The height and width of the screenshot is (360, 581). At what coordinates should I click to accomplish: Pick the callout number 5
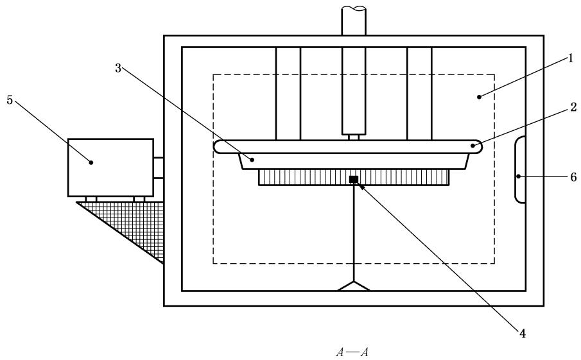coord(9,101)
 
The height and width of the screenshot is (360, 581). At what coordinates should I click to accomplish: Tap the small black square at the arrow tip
coord(353,179)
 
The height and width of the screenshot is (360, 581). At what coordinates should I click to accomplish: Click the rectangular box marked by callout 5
coord(110,167)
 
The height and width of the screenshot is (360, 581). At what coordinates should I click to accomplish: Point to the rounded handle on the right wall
coord(520,169)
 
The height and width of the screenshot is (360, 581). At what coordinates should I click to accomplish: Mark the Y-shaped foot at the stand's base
coord(354,286)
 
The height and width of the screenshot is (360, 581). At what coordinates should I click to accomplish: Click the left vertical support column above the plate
coord(288,93)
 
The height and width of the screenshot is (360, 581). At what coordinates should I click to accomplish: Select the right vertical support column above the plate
coord(419,93)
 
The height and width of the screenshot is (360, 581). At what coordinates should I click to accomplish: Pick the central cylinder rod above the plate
coord(354,90)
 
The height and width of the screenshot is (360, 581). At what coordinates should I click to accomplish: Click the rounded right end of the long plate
coord(476,146)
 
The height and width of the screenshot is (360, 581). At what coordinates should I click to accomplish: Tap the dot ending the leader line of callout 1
coord(479,98)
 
